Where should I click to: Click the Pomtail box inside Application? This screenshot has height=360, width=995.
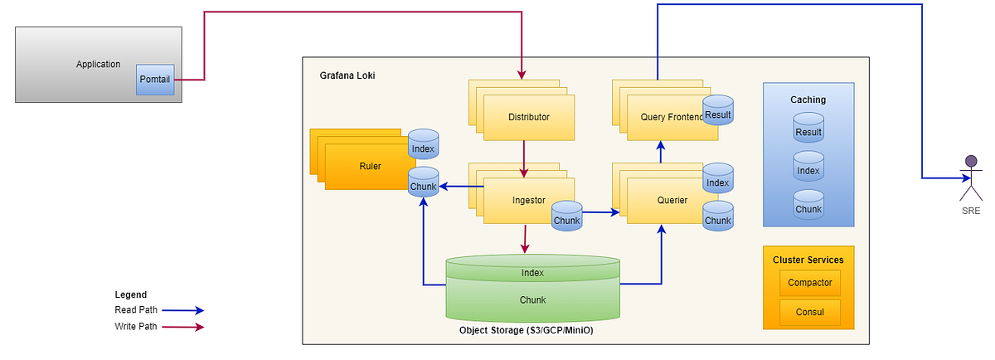pyautogui.click(x=155, y=80)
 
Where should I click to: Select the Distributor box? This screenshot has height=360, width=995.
pyautogui.click(x=528, y=117)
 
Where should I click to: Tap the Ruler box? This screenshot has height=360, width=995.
pyautogui.click(x=371, y=166)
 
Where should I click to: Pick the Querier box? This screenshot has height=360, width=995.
pyautogui.click(x=672, y=200)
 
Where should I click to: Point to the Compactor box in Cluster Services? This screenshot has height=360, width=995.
pyautogui.click(x=809, y=283)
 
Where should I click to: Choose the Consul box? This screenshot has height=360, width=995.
pyautogui.click(x=809, y=313)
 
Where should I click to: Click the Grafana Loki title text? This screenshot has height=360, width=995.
pyautogui.click(x=347, y=75)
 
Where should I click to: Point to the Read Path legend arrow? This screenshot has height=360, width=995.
pyautogui.click(x=182, y=310)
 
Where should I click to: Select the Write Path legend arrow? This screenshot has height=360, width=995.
pyautogui.click(x=182, y=327)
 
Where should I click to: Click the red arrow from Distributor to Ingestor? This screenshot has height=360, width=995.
pyautogui.click(x=524, y=158)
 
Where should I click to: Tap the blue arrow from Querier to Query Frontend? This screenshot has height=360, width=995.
pyautogui.click(x=661, y=151)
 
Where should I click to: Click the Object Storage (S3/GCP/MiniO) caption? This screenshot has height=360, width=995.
pyautogui.click(x=526, y=331)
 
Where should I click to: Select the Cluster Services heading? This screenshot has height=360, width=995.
pyautogui.click(x=808, y=260)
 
